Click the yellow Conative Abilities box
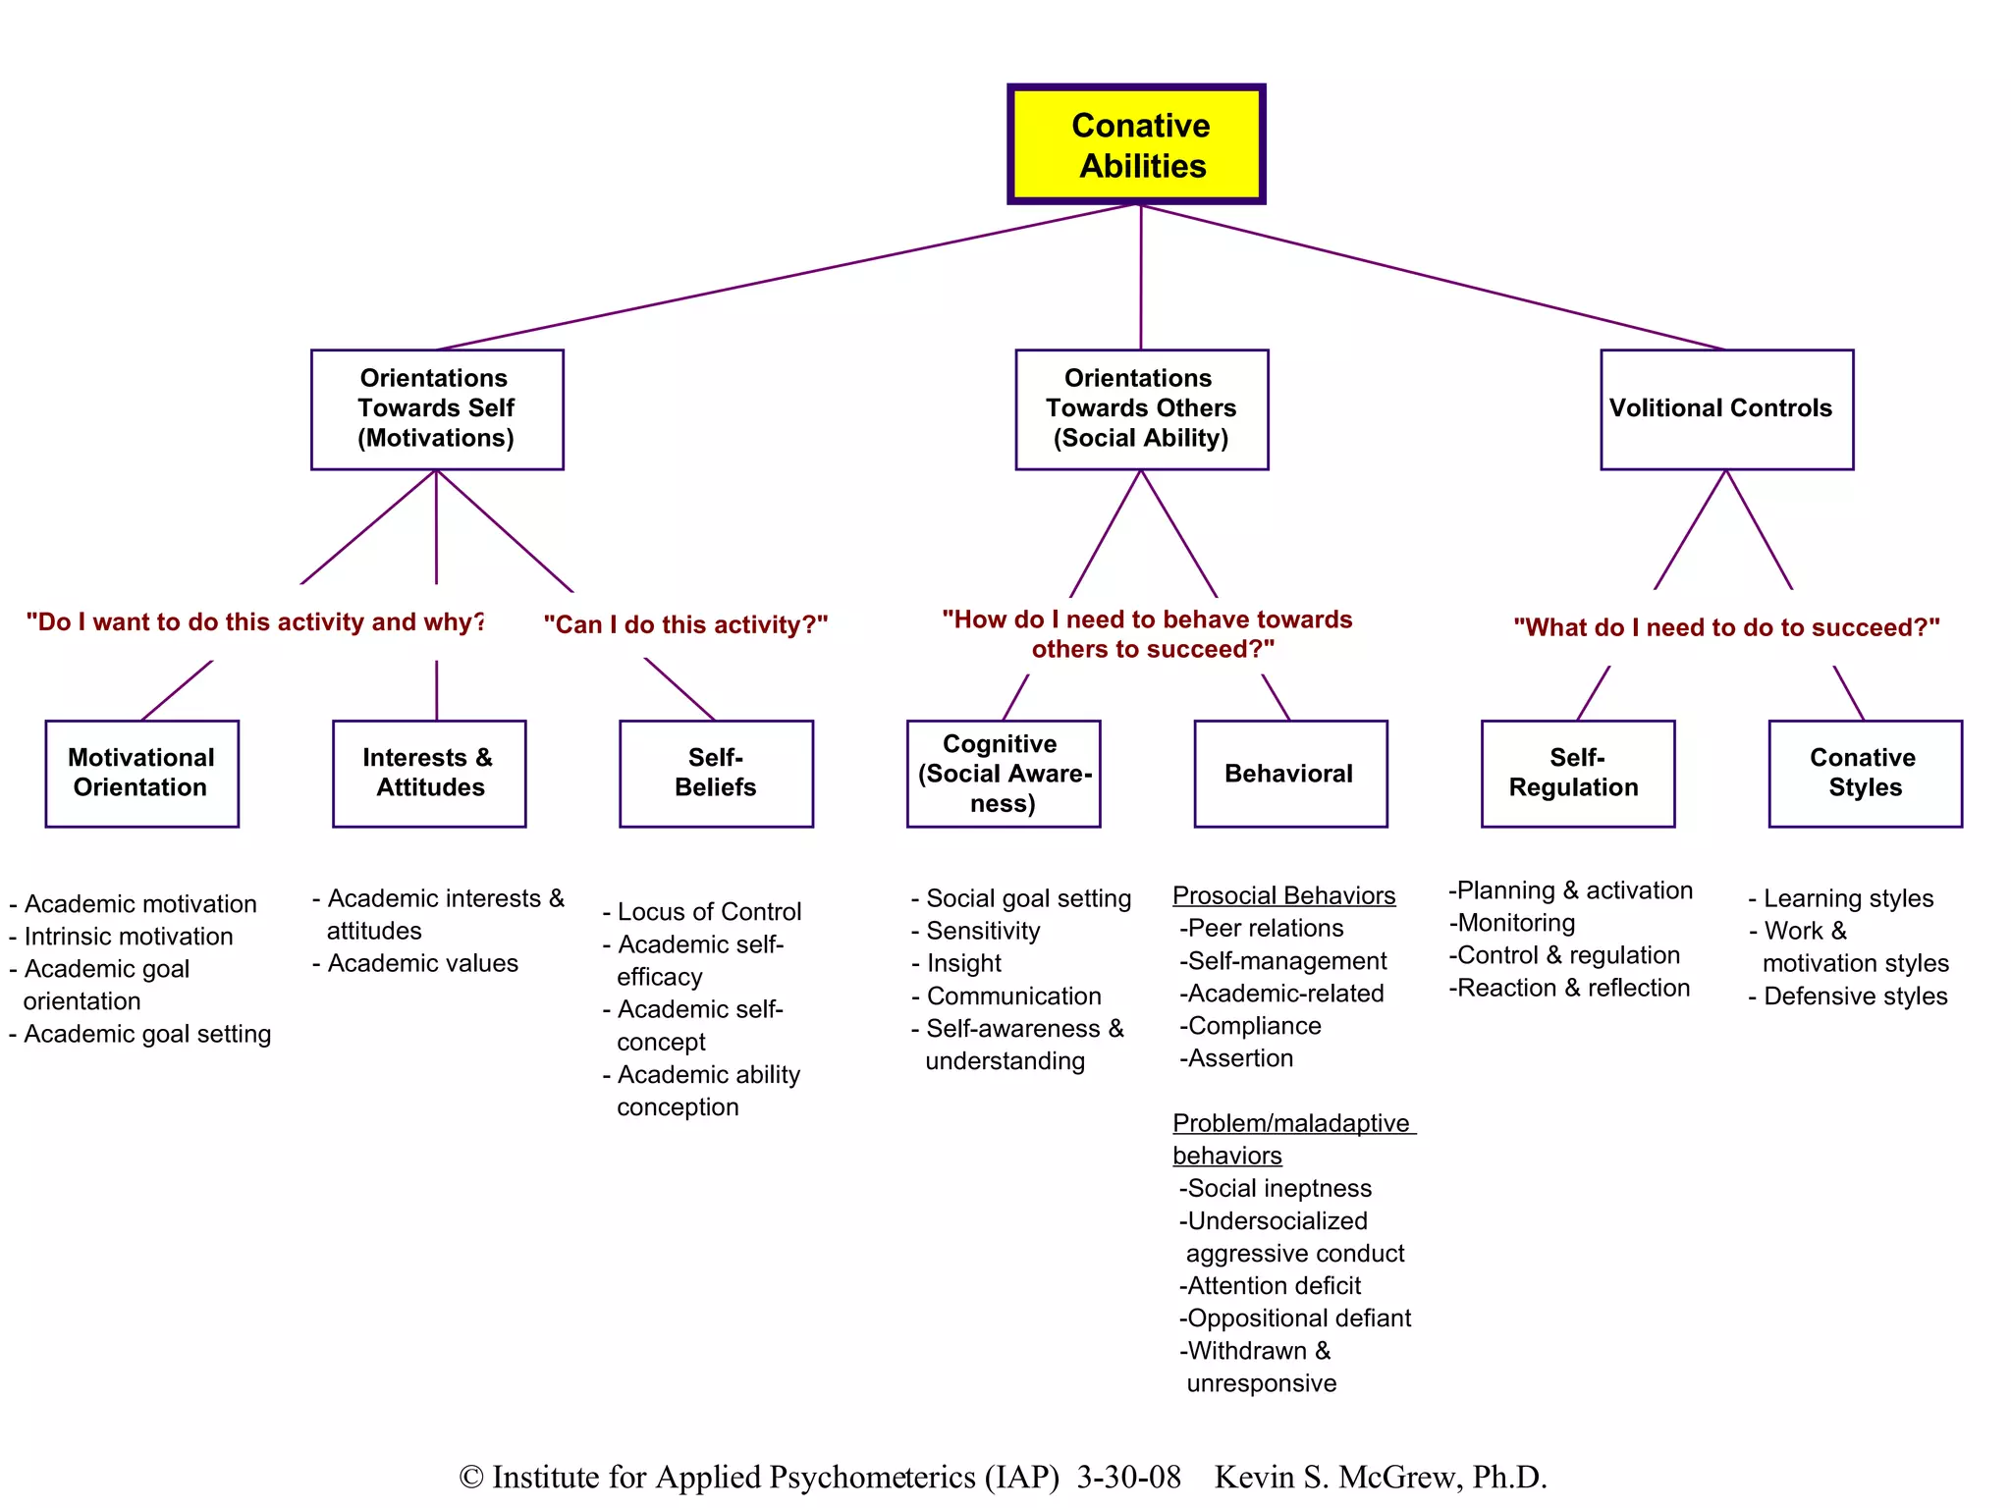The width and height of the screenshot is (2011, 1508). [1136, 144]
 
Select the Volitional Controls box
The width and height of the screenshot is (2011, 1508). [1726, 408]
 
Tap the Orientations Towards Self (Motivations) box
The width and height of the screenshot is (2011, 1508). [437, 408]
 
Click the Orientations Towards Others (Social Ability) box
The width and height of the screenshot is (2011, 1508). [1141, 408]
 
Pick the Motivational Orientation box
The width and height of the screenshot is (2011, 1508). [141, 773]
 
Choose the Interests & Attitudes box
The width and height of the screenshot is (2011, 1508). [429, 773]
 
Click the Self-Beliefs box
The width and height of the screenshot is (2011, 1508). [716, 773]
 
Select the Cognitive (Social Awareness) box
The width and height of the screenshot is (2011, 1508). [1003, 773]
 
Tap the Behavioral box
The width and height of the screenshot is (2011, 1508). [1290, 773]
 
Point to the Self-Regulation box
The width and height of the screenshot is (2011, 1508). [1577, 773]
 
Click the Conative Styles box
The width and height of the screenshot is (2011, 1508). [1865, 773]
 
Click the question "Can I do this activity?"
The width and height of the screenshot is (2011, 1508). [685, 624]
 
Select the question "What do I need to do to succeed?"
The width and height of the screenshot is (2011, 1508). [1726, 627]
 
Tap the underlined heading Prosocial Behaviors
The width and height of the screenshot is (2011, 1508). [1283, 895]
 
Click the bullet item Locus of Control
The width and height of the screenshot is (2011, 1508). [708, 911]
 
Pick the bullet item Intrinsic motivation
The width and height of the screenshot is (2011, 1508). [128, 936]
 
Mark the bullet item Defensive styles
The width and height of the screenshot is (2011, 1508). [1855, 996]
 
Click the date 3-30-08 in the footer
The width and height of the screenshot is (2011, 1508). [1128, 1477]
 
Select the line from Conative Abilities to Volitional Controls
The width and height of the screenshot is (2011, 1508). [1434, 277]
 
